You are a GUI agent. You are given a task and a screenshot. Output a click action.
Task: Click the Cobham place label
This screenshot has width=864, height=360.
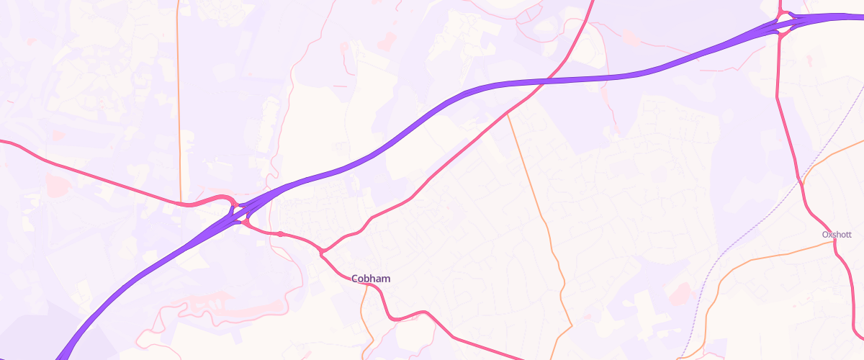(x=372, y=279)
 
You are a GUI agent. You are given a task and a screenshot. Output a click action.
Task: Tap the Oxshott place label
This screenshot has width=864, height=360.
(x=837, y=235)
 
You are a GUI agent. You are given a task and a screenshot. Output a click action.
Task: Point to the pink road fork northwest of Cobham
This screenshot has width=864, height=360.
(x=322, y=251)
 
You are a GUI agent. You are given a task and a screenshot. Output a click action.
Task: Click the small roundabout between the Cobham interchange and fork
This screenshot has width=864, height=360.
(x=280, y=234)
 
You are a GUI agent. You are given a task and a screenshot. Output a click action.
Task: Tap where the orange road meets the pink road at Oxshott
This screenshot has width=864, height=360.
(x=834, y=243)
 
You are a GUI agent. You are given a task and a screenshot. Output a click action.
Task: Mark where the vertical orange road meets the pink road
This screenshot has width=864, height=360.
(x=179, y=204)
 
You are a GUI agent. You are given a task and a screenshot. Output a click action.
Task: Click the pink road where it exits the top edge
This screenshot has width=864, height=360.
(x=593, y=3)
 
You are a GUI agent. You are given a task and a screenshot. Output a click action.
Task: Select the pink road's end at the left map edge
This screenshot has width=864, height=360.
(x=3, y=142)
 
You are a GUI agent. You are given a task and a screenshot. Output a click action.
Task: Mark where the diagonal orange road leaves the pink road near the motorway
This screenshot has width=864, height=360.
(x=508, y=113)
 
